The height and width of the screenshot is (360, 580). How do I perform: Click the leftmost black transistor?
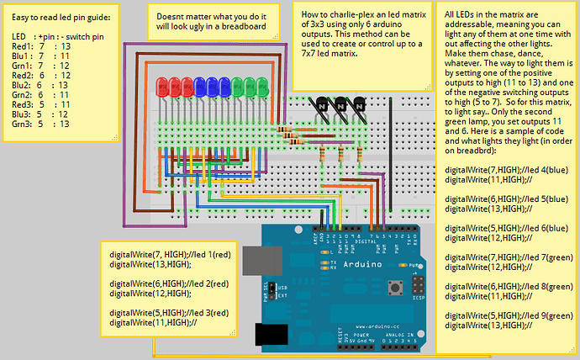coord(321,104)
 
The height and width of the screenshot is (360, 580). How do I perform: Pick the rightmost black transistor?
coord(357,104)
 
